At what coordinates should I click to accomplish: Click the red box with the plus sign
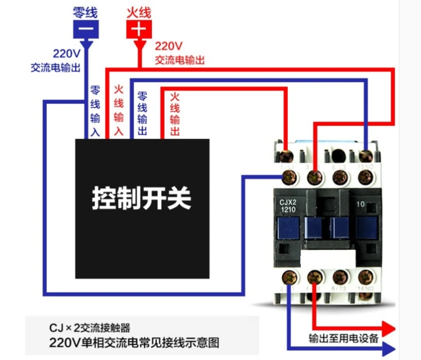(140, 29)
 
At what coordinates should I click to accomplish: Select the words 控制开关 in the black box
(142, 197)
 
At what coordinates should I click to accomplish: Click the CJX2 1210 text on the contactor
(288, 205)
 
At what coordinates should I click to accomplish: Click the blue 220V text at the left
(65, 53)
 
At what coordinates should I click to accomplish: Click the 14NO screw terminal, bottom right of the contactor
(368, 276)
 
